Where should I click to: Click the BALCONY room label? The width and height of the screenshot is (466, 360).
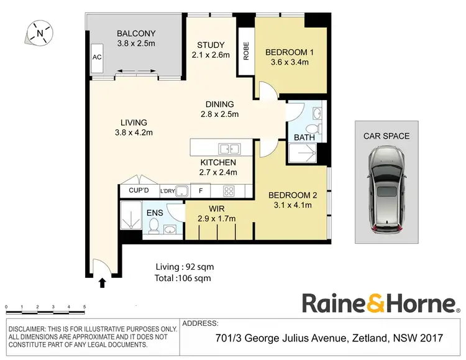(x=136, y=34)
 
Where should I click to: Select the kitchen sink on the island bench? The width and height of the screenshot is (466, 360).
(x=229, y=149)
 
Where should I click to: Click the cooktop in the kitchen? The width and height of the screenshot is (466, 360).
(x=228, y=191)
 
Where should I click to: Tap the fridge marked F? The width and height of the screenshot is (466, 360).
(x=201, y=191)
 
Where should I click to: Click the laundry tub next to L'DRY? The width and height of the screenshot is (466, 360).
(x=181, y=191)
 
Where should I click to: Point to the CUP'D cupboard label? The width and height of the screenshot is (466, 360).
(x=139, y=191)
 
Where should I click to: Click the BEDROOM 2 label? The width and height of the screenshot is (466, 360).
(x=293, y=195)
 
